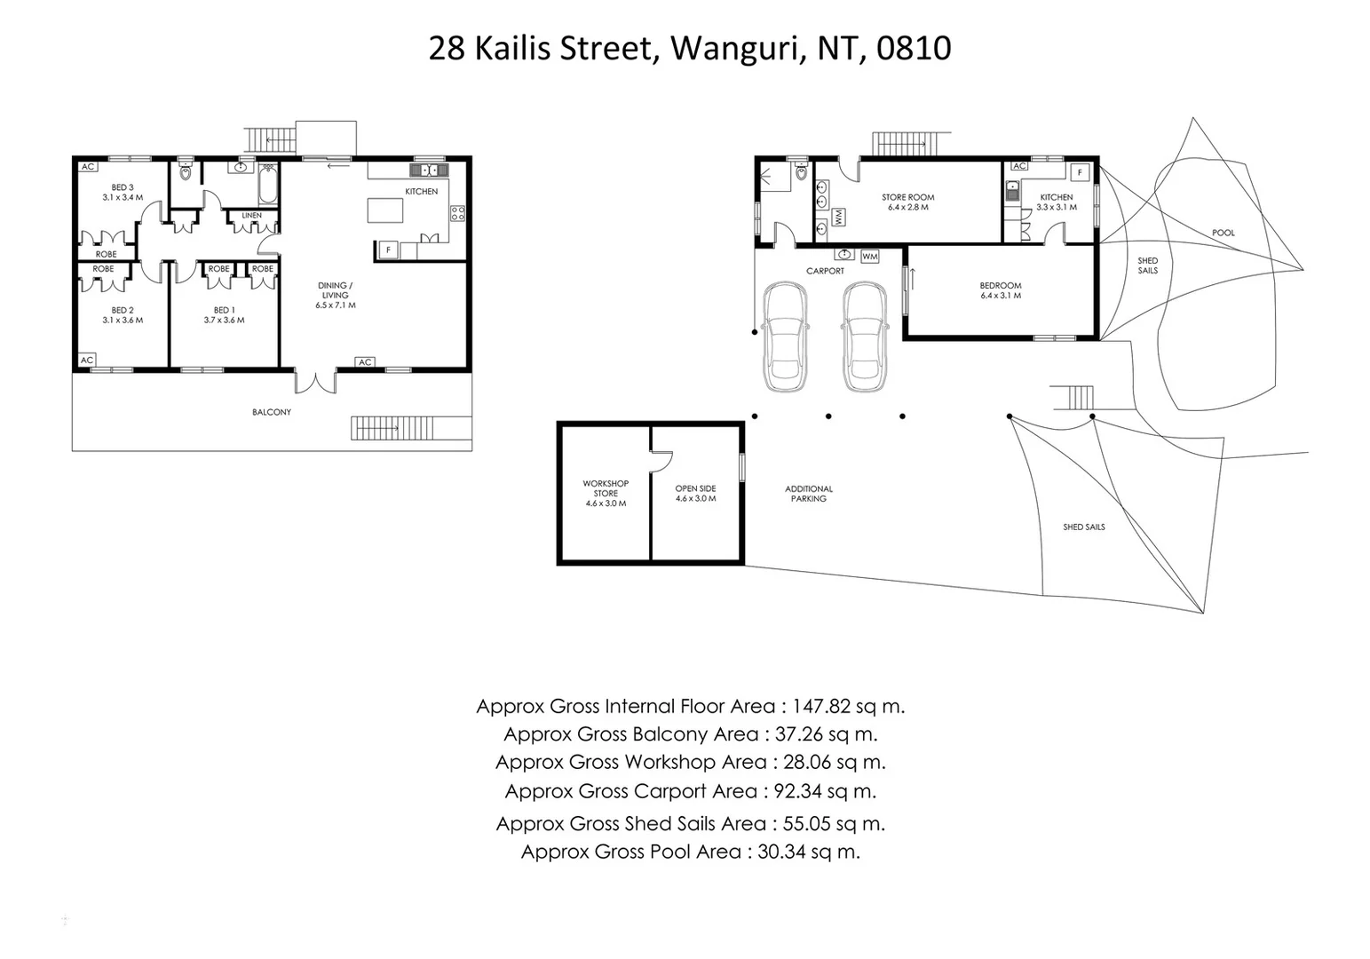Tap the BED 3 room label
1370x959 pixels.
point(123,187)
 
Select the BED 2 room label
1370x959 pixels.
point(123,310)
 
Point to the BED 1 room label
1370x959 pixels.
point(224,310)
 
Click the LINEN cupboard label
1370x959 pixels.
point(252,216)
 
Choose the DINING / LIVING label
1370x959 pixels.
point(335,290)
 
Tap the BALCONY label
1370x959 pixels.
point(272,412)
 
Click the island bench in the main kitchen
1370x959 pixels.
point(385,210)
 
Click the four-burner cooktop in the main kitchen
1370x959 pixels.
point(457,213)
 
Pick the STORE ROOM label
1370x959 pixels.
point(907,197)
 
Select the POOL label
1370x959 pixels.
point(1223,233)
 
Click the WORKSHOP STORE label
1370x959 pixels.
point(606,488)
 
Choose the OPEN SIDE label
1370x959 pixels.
point(695,488)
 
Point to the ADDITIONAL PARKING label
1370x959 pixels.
point(809,494)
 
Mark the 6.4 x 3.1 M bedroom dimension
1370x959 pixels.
point(1001,296)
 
